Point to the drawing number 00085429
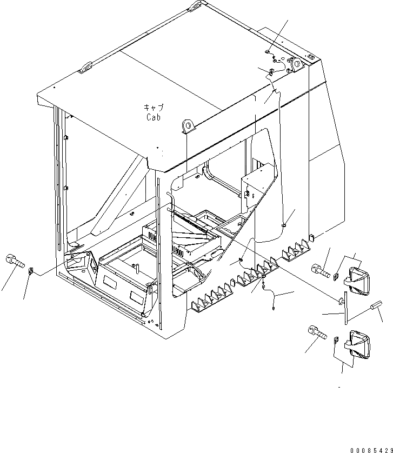click(369, 449)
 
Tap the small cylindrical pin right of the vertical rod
click(375, 309)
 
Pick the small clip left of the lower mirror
click(336, 341)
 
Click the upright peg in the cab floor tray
click(138, 268)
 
